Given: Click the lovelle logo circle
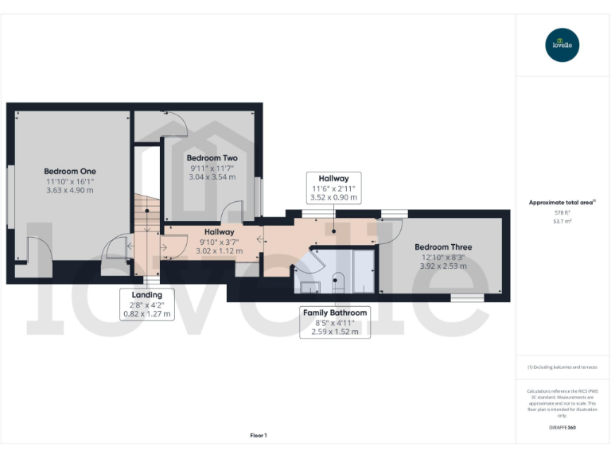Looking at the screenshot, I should point(562,45).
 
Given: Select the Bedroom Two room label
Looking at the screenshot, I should point(212,158).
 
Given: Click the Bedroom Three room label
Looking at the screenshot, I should point(444,247).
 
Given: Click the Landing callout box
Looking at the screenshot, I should point(147,304).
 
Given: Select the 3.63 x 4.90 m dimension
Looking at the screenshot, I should point(70,190).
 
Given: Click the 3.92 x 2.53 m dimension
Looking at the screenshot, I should point(444,266).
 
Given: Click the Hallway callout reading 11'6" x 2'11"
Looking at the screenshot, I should point(333,188).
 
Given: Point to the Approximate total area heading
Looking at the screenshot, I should point(562,203).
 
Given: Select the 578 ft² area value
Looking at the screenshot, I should point(562,213).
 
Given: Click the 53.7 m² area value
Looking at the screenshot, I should point(562,222).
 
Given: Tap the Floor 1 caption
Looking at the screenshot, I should point(259,435).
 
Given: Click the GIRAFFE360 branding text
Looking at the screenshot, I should point(562,428).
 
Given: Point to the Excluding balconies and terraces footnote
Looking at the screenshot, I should point(562,367).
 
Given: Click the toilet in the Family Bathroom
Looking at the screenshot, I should point(337,280).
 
